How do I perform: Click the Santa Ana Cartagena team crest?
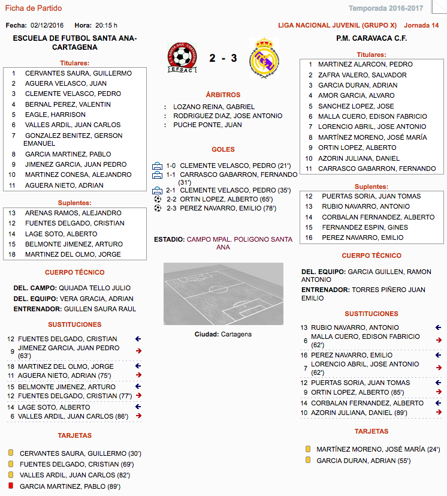[184, 58]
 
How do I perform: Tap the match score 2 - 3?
[223, 59]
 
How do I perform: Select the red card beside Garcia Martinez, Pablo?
[10, 486]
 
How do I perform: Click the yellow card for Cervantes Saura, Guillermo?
[10, 453]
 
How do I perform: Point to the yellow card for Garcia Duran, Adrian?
[308, 460]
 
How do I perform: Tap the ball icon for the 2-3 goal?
[158, 208]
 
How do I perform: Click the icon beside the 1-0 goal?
[158, 166]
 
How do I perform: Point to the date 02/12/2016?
[47, 25]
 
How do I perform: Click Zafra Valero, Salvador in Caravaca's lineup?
[362, 75]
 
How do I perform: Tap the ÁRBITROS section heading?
[223, 95]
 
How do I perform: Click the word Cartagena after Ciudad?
[235, 334]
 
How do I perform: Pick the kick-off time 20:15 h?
[106, 25]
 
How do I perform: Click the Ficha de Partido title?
[33, 8]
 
